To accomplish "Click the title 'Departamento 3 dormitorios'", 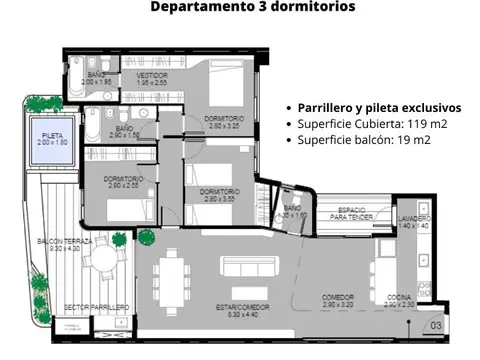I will tap(252, 8).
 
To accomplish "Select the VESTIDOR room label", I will tap(152, 78).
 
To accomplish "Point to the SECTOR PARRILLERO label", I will tap(96, 307).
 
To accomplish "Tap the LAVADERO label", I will tap(413, 220).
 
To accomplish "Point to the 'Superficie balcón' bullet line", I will tap(364, 140).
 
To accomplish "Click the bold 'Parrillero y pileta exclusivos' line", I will tap(378, 106).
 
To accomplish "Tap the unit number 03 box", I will tap(436, 325).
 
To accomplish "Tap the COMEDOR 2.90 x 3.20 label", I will tap(338, 300).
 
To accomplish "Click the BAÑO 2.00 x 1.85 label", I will tap(96, 78).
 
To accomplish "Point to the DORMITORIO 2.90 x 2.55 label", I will tap(124, 181).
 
